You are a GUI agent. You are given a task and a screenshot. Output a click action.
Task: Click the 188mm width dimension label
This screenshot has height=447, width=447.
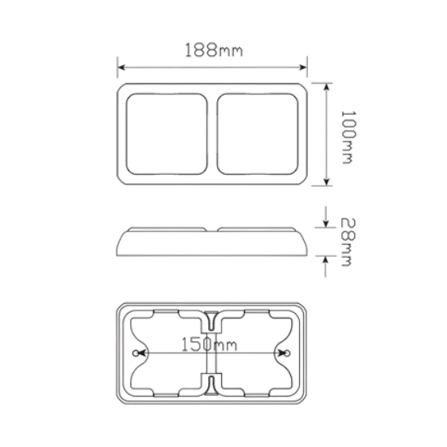[x=214, y=50]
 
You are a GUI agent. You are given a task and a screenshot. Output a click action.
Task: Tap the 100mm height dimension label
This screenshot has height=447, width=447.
[x=349, y=137]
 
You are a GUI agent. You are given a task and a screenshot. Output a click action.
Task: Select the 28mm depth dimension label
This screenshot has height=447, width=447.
[x=349, y=242]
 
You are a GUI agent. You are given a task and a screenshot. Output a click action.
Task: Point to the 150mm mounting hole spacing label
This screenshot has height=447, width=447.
[x=209, y=345]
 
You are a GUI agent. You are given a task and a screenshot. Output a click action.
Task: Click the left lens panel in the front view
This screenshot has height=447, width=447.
[x=167, y=134]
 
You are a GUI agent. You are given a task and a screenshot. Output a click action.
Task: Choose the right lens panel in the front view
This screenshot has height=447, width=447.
[x=258, y=134]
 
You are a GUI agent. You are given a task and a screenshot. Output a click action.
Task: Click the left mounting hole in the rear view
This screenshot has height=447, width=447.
[x=137, y=354]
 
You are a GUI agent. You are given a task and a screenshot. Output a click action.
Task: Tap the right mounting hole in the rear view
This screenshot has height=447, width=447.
[x=288, y=354]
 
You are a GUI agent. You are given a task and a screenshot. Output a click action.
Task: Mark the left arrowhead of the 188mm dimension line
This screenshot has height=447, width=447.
[x=121, y=67]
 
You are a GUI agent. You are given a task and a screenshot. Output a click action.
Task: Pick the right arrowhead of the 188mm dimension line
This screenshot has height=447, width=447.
[x=303, y=67]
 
